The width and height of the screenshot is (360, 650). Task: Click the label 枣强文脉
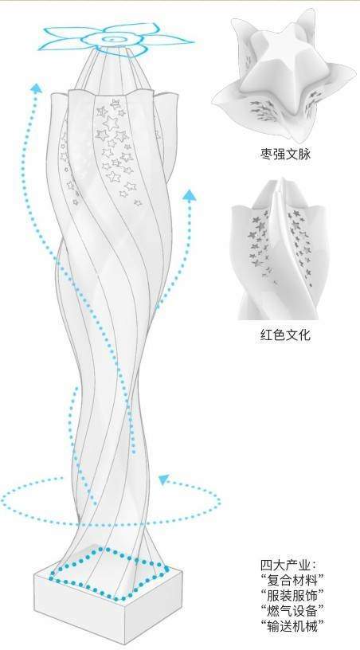[x=284, y=155]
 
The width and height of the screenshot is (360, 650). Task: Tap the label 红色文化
[x=284, y=335]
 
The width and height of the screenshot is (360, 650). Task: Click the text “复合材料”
[x=292, y=581]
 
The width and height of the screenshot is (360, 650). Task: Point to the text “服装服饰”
[x=292, y=595]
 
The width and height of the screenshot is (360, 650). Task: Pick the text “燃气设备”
[x=292, y=610]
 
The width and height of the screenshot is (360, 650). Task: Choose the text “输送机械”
[x=292, y=625]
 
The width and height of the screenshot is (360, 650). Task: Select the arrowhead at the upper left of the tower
[x=37, y=87]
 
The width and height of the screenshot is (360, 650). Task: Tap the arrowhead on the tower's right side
[x=190, y=195]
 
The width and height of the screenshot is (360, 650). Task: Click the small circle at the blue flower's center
[x=112, y=39]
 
